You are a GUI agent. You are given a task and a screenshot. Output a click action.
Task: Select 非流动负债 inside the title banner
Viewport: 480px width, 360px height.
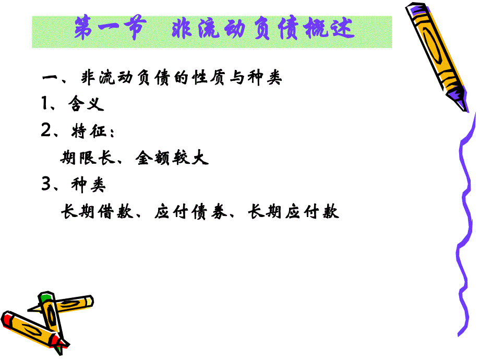235,30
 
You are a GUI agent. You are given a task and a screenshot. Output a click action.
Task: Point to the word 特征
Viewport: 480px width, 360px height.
86,132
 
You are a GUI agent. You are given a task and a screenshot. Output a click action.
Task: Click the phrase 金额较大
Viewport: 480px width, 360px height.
172,158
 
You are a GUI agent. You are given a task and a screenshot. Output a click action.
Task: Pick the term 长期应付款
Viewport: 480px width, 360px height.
294,212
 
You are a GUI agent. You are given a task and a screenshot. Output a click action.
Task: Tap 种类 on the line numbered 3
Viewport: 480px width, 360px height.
88,186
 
